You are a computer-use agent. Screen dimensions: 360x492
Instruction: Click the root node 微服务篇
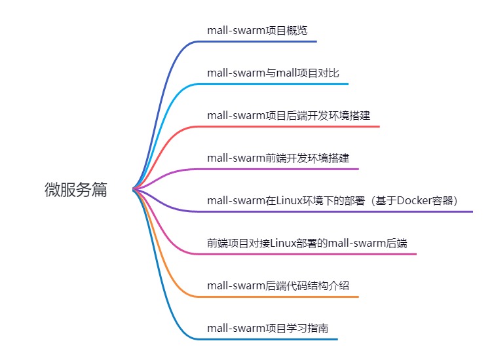tap(75, 190)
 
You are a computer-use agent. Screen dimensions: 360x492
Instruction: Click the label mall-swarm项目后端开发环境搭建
tap(288, 115)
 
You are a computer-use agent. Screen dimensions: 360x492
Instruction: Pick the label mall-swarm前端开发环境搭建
tap(278, 158)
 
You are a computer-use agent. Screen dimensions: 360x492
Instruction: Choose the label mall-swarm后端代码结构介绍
tap(278, 285)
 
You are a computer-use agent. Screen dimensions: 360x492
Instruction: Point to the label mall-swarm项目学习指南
tap(267, 328)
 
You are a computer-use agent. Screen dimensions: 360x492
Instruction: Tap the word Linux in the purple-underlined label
tap(289, 200)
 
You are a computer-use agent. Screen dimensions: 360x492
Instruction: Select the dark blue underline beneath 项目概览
tap(262, 42)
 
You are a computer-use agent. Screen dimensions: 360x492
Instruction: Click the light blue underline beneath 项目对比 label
tap(275, 84)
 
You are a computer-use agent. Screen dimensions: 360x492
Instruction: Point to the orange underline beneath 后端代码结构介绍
tap(282, 297)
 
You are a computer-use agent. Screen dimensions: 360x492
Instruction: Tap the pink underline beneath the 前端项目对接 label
tap(308, 254)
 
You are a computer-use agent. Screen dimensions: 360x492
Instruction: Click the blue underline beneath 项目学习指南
tap(269, 339)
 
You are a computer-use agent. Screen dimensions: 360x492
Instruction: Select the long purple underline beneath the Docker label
tap(341, 211)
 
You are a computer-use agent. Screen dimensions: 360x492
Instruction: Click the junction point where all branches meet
tap(134, 190)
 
